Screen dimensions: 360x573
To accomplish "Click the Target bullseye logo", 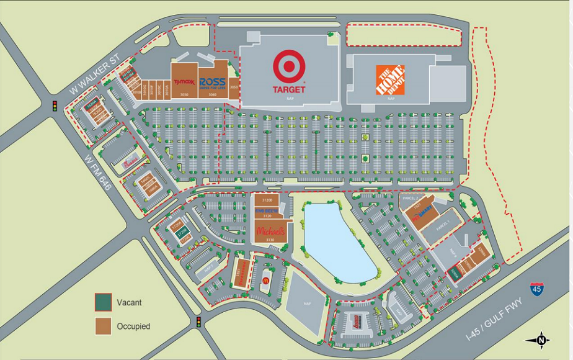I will (x=289, y=66).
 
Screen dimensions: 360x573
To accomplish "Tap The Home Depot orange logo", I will (x=390, y=80).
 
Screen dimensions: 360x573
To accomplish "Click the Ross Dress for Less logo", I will (x=212, y=83).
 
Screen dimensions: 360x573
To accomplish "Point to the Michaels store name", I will (x=270, y=231).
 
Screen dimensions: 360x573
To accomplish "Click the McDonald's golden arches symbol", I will (x=265, y=280).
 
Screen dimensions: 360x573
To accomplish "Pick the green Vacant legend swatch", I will (x=103, y=302).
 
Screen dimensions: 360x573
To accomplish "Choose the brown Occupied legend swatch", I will (x=103, y=326).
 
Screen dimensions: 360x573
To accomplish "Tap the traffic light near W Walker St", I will (x=54, y=106).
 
